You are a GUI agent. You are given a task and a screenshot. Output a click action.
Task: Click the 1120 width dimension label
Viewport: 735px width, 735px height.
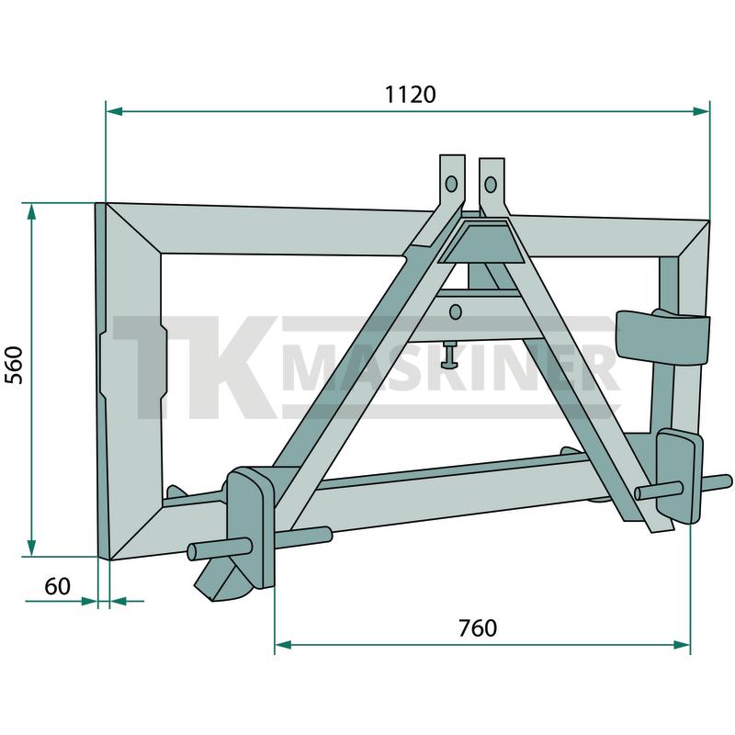410,95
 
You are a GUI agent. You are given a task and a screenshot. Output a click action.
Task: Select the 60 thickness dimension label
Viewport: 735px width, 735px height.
57,586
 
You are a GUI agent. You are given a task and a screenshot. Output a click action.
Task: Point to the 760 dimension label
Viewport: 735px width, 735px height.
478,628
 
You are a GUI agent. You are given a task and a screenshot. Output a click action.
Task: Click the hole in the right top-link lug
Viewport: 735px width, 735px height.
491,185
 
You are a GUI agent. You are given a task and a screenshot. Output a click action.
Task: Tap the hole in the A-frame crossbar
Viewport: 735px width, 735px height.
455,312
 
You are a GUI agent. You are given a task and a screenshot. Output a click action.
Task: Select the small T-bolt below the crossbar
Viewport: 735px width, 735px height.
450,355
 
